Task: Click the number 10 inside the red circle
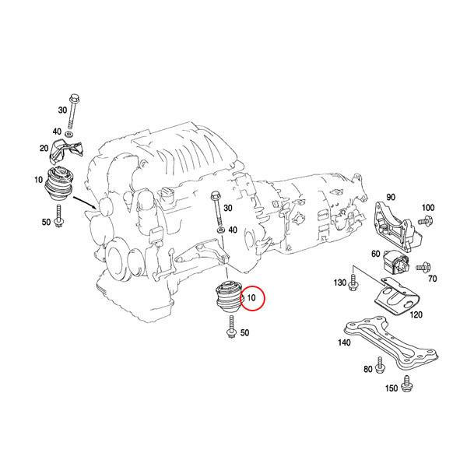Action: pyautogui.click(x=251, y=297)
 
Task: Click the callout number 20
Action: pyautogui.click(x=44, y=148)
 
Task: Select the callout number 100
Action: pyautogui.click(x=427, y=208)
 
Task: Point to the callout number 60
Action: pyautogui.click(x=375, y=254)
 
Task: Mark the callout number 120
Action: pyautogui.click(x=415, y=314)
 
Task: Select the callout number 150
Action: pyautogui.click(x=391, y=387)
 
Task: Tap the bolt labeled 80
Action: pyautogui.click(x=381, y=363)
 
